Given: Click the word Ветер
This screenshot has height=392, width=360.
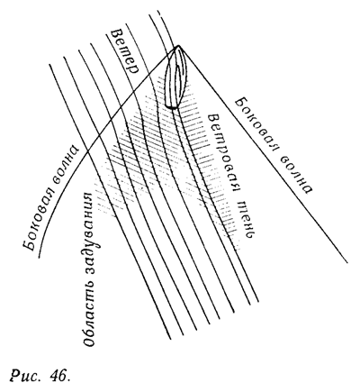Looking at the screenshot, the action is pyautogui.click(x=125, y=51).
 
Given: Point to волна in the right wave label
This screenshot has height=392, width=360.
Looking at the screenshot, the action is pyautogui.click(x=294, y=173).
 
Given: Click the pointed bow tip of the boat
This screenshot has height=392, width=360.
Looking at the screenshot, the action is pyautogui.click(x=178, y=46).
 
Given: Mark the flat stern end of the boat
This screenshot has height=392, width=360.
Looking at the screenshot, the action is pyautogui.click(x=171, y=106).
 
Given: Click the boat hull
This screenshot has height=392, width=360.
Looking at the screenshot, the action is pyautogui.click(x=175, y=77).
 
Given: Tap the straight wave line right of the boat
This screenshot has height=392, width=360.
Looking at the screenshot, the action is pyautogui.click(x=263, y=154).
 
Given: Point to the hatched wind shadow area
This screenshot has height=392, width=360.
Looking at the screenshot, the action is pyautogui.click(x=168, y=150).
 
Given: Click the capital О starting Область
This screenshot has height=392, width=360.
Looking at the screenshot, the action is pyautogui.click(x=89, y=340).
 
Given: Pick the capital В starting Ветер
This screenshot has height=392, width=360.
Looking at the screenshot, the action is pyautogui.click(x=116, y=33).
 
